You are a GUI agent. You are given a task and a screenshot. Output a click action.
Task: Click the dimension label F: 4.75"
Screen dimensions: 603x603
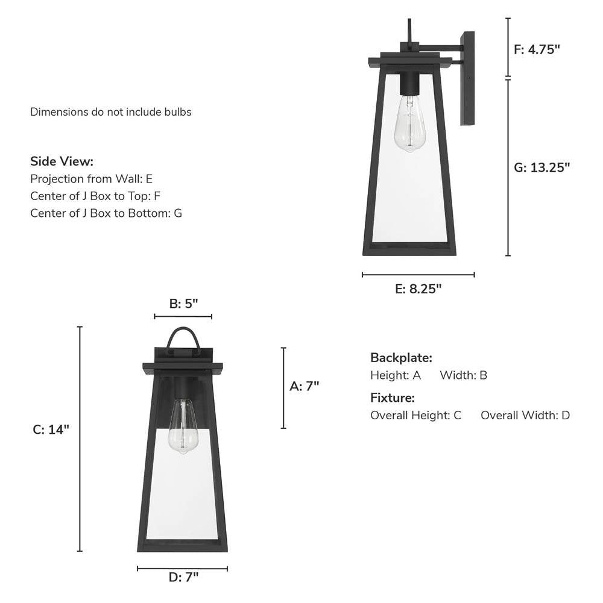tap(537, 49)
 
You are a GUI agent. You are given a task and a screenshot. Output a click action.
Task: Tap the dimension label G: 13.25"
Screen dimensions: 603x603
tap(541, 167)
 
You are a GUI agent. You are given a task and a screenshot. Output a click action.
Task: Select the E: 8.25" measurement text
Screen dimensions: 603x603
tap(418, 289)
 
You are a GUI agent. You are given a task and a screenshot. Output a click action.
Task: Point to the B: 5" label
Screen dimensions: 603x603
tap(183, 304)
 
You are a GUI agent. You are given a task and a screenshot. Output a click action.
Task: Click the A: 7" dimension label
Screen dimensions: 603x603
tap(304, 386)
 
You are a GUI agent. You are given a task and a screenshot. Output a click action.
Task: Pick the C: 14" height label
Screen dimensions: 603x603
tap(51, 430)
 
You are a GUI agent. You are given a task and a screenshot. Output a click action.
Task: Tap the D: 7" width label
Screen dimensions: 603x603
tap(183, 577)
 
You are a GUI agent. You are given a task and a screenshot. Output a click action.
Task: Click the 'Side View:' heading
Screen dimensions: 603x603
tap(62, 161)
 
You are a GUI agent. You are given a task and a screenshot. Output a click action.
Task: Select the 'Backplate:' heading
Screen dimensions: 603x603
tap(401, 358)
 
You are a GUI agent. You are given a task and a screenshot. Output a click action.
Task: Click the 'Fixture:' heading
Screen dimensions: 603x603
tap(393, 398)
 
